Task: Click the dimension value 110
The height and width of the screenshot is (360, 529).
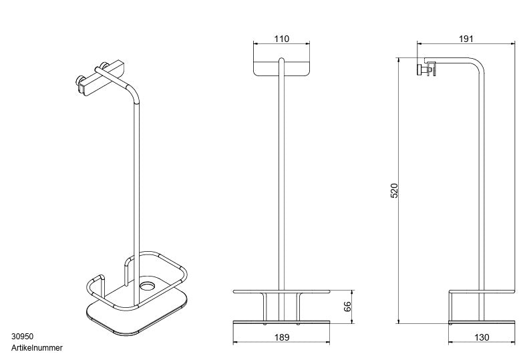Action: click(x=282, y=39)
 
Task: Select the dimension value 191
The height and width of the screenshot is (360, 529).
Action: click(x=466, y=39)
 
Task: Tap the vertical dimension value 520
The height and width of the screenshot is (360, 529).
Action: click(x=394, y=191)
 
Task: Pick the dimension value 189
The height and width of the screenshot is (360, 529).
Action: click(x=282, y=337)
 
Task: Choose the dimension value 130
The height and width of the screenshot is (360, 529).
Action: click(x=481, y=337)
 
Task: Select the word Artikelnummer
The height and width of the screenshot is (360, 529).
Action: click(x=37, y=348)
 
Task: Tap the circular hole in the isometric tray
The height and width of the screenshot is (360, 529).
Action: click(x=146, y=287)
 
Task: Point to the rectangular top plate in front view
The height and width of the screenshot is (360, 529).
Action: click(x=282, y=67)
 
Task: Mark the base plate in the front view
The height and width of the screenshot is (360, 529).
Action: click(x=282, y=323)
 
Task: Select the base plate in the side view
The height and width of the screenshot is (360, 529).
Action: click(x=481, y=323)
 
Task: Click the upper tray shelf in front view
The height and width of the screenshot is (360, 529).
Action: click(x=282, y=292)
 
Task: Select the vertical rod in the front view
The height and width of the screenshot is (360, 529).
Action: click(x=282, y=187)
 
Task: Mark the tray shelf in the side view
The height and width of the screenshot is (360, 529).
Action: click(x=482, y=292)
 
